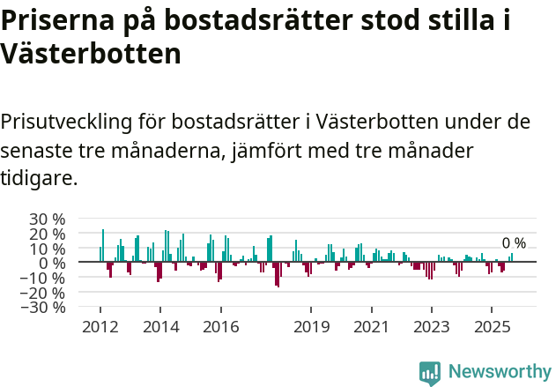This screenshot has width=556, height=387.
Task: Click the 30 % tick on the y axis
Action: [47, 219]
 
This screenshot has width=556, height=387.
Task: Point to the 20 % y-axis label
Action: [47, 234]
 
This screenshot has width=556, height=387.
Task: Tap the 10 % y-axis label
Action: [47, 249]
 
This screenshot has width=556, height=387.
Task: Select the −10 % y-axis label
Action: [44, 278]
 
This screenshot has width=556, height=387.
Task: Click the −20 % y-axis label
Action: [44, 293]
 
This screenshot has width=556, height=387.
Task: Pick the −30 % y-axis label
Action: [44, 308]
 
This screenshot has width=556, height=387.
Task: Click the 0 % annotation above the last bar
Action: [514, 243]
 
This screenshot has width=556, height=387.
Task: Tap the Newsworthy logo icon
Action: [430, 372]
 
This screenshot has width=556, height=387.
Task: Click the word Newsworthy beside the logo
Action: [499, 372]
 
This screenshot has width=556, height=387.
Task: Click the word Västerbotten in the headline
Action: [91, 54]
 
